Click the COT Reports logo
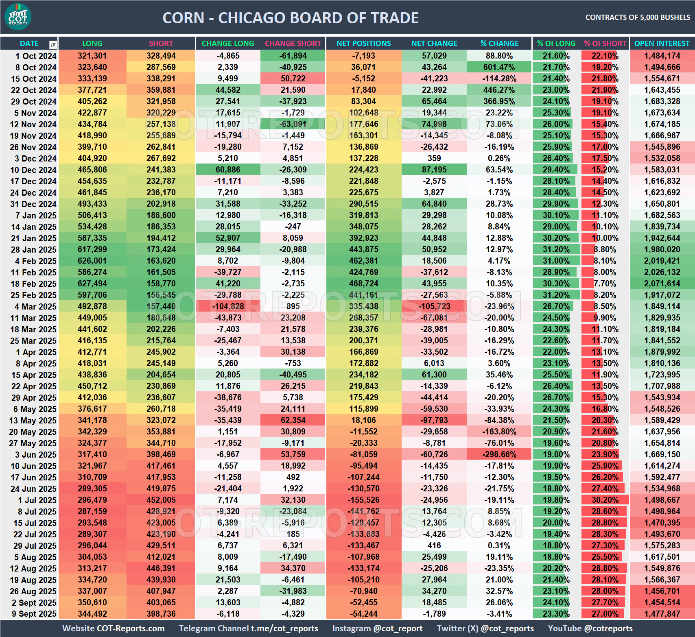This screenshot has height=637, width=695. (18, 17)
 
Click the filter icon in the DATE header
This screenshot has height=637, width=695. (53, 44)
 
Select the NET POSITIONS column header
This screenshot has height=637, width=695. (363, 44)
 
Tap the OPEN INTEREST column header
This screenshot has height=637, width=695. (662, 44)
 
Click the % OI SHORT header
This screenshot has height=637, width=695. (605, 44)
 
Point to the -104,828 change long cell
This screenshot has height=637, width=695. (228, 306)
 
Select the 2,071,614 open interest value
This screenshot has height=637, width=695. (662, 284)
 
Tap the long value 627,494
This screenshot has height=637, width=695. (92, 284)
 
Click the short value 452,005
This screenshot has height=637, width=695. (161, 500)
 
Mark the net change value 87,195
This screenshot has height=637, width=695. (434, 170)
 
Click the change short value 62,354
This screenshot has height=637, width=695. (293, 420)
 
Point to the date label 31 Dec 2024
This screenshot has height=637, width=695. (33, 204)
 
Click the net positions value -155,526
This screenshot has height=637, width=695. (363, 500)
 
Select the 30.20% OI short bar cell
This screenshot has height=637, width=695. (605, 500)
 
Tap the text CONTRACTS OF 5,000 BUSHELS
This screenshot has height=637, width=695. (637, 17)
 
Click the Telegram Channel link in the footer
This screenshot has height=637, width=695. (248, 628)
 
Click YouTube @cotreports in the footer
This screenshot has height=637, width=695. (590, 628)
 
